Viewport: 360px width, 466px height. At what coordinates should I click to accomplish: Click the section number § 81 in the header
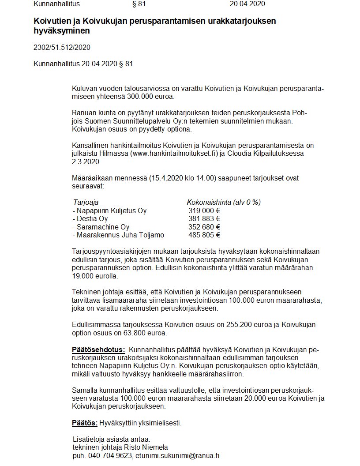point(139,4)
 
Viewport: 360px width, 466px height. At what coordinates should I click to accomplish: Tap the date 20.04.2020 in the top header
point(247,4)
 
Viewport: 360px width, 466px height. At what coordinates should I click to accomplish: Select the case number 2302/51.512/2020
point(62,47)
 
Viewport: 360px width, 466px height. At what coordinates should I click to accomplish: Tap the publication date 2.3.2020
point(86,162)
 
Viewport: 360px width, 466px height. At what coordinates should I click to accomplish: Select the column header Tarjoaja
point(86,203)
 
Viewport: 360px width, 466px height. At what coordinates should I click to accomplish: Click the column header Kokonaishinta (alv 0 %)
point(224,203)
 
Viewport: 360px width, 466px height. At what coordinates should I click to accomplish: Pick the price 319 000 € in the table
point(204,211)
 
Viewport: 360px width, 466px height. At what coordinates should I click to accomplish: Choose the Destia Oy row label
point(90,219)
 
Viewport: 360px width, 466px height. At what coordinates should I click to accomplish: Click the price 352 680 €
point(204,227)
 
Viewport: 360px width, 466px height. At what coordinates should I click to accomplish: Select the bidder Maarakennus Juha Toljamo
point(118,235)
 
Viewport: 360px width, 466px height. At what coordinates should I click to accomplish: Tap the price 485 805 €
point(204,235)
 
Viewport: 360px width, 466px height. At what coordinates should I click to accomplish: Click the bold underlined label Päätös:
point(85,423)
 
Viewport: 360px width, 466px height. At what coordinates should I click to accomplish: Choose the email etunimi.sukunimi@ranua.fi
point(177,455)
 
